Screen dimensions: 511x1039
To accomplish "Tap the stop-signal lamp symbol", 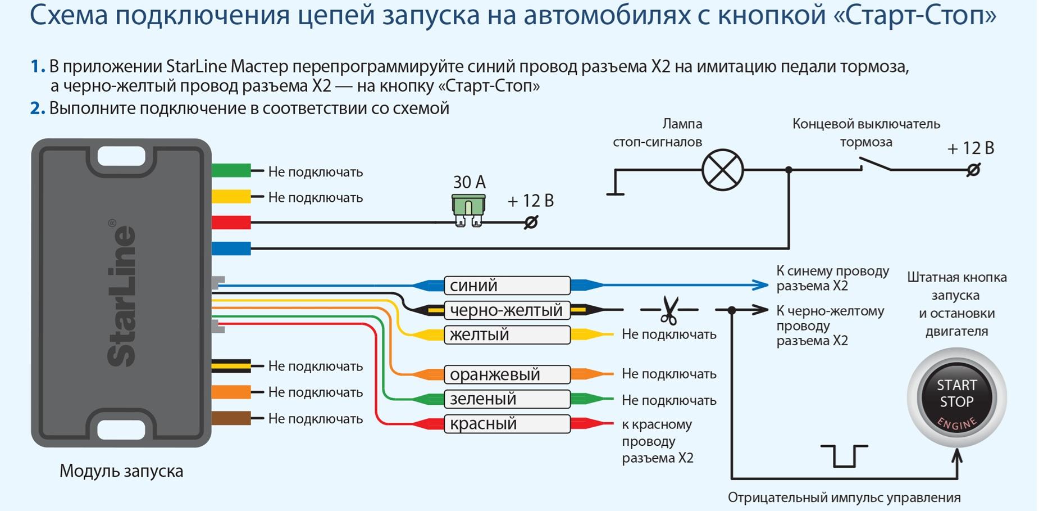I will click(722, 170).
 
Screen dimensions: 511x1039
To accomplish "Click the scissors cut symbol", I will click(669, 310).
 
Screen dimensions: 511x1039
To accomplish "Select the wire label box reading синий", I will click(507, 286).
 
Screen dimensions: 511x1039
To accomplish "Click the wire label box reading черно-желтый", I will click(507, 310).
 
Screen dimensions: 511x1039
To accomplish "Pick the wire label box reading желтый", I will click(507, 334).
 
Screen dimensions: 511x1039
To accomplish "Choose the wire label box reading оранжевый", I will click(507, 374).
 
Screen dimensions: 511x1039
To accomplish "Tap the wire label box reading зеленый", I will click(507, 399).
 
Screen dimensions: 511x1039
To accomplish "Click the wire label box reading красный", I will click(507, 424).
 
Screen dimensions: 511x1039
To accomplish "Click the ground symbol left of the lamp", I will click(616, 193).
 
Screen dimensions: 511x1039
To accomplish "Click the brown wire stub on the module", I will click(231, 418).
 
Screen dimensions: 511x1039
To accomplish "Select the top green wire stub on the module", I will click(231, 170).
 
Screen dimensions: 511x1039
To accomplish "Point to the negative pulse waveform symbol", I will click(844, 456).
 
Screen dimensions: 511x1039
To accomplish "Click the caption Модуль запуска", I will click(121, 471).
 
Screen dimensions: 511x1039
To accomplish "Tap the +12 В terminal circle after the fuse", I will click(531, 223).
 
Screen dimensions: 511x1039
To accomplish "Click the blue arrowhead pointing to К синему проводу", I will click(760, 285).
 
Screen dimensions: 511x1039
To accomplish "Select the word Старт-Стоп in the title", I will click(913, 16).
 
